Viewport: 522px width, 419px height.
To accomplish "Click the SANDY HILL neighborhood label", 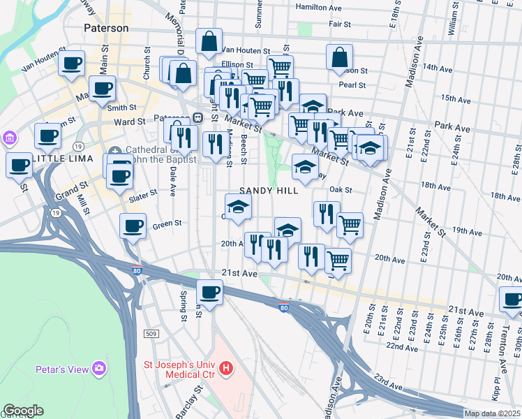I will pos(269,191).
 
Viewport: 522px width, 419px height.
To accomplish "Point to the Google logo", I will pos(23,411).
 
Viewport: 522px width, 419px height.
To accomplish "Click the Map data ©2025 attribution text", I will pos(492,413).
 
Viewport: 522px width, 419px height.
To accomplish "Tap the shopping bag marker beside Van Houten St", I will pos(209,43).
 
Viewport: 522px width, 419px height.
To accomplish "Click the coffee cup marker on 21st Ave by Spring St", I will pos(209,292).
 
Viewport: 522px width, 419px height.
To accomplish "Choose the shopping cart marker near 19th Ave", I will pos(349,226).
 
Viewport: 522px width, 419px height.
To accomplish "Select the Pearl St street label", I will pos(352,85).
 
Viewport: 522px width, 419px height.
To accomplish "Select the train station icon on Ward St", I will pos(198,117).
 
